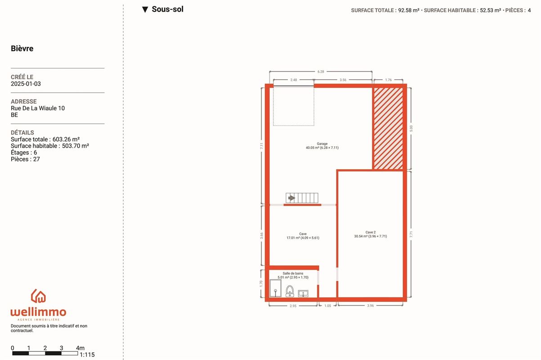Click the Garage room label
pyautogui.click(x=322, y=144)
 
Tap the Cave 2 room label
pyautogui.click(x=371, y=232)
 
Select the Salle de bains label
pyautogui.click(x=293, y=273)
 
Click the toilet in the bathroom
pyautogui.click(x=290, y=291)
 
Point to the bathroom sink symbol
pyautogui.click(x=303, y=293)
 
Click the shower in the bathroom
pyautogui.click(x=275, y=288)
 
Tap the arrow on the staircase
pyautogui.click(x=291, y=198)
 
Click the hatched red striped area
pyautogui.click(x=388, y=128)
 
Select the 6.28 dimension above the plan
pyautogui.click(x=321, y=72)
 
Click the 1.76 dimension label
pyautogui.click(x=389, y=80)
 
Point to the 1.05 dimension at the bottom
pyautogui.click(x=327, y=306)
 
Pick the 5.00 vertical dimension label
pyautogui.click(x=411, y=129)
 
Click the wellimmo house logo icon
pyautogui.click(x=38, y=296)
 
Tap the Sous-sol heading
pyautogui.click(x=167, y=9)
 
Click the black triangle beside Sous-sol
pyautogui.click(x=145, y=9)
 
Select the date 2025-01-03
pyautogui.click(x=26, y=84)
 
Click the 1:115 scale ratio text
pyautogui.click(x=87, y=355)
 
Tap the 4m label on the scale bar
pyautogui.click(x=80, y=348)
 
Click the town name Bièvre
pyautogui.click(x=22, y=48)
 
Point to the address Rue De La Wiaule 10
pyautogui.click(x=38, y=108)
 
